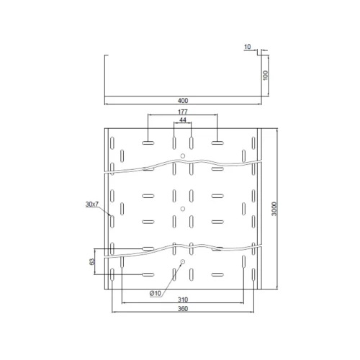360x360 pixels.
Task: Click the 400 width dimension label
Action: click(183, 101)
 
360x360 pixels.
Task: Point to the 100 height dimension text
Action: click(265, 76)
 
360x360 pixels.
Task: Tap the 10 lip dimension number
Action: click(247, 47)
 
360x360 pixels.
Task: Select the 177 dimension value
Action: click(183, 112)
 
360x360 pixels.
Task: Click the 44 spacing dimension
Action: click(183, 120)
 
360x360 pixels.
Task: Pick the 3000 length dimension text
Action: click(274, 209)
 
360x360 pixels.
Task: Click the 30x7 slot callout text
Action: click(92, 204)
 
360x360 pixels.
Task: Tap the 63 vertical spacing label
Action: click(91, 261)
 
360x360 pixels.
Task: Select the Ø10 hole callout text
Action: click(156, 293)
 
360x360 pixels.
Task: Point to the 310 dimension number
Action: click(183, 300)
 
